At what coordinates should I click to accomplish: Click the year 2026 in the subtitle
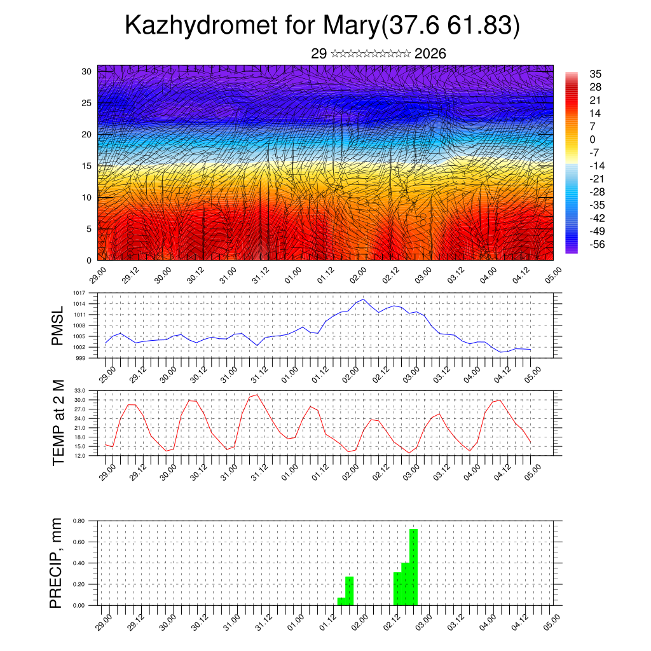pos(430,54)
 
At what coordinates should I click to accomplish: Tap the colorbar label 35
pos(596,74)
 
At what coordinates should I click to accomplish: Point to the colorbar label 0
pos(593,139)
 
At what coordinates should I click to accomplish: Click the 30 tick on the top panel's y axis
pos(86,71)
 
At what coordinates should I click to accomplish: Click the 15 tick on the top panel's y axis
pos(86,166)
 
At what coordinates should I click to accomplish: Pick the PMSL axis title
pos(58,325)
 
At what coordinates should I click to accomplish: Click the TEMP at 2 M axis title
pos(58,422)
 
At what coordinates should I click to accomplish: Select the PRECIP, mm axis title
pos(58,563)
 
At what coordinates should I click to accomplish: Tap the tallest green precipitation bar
pos(413,566)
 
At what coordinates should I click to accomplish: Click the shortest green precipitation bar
pos(341,601)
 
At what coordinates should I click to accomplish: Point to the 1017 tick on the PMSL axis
pos(79,293)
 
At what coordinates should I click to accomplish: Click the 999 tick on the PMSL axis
pos(80,358)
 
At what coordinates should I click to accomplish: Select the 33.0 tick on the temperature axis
pos(80,390)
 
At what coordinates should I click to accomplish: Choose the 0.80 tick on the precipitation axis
pos(79,521)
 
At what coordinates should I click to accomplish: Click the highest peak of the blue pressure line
pos(363,299)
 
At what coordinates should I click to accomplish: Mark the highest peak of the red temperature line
pos(256,395)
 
